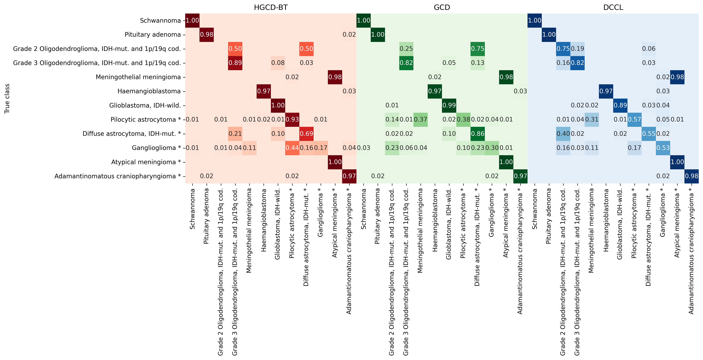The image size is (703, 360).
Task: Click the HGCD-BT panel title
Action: (x=271, y=7)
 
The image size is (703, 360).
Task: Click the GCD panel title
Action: (x=442, y=7)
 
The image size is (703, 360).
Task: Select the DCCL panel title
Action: (x=613, y=7)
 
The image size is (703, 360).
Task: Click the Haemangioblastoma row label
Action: (x=149, y=91)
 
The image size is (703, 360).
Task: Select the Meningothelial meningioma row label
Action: (x=138, y=77)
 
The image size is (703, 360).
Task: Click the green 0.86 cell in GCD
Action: (x=478, y=134)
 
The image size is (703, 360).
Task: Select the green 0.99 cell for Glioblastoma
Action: (x=449, y=105)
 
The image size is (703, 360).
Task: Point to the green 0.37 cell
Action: (x=420, y=119)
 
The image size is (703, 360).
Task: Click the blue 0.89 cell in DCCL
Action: (x=620, y=105)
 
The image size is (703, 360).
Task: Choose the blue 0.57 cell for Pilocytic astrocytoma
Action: (x=634, y=119)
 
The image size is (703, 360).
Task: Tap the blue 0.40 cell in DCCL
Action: (x=563, y=134)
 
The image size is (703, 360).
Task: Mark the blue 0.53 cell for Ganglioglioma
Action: (x=663, y=148)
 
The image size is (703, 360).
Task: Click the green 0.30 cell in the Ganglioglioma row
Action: (x=492, y=148)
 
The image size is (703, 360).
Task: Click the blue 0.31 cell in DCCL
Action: (x=592, y=119)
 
